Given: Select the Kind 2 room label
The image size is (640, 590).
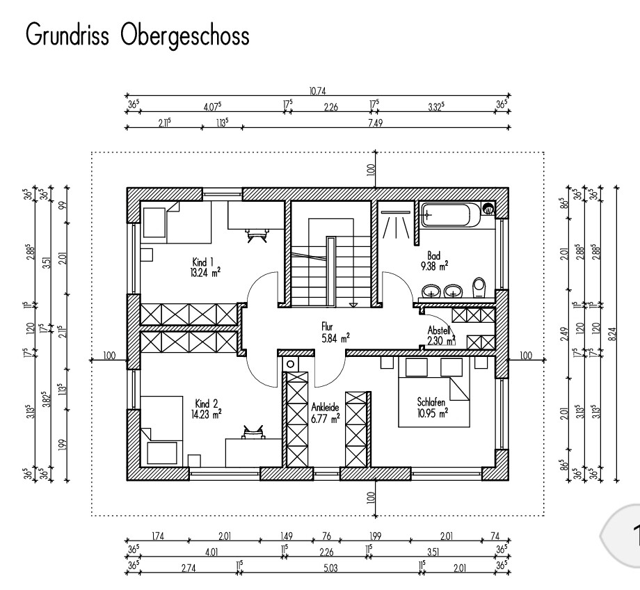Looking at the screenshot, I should point(207,403).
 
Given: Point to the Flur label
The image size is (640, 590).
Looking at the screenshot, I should point(328,325).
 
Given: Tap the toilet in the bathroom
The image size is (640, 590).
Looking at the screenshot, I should point(478,287).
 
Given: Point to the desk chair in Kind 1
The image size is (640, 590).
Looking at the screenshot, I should point(257,234).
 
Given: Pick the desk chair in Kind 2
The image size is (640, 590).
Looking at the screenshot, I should point(251,432).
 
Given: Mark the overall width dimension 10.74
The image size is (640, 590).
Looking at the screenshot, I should point(317,90).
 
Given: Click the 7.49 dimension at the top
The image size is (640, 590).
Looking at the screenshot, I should point(374,122).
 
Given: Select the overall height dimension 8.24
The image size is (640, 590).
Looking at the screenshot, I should point(612,334).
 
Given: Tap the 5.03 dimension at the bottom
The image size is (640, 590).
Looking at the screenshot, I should point(330,568).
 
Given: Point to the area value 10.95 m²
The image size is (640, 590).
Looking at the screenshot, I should point(432,412).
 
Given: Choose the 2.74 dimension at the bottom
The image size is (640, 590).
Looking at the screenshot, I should point(189,568).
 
